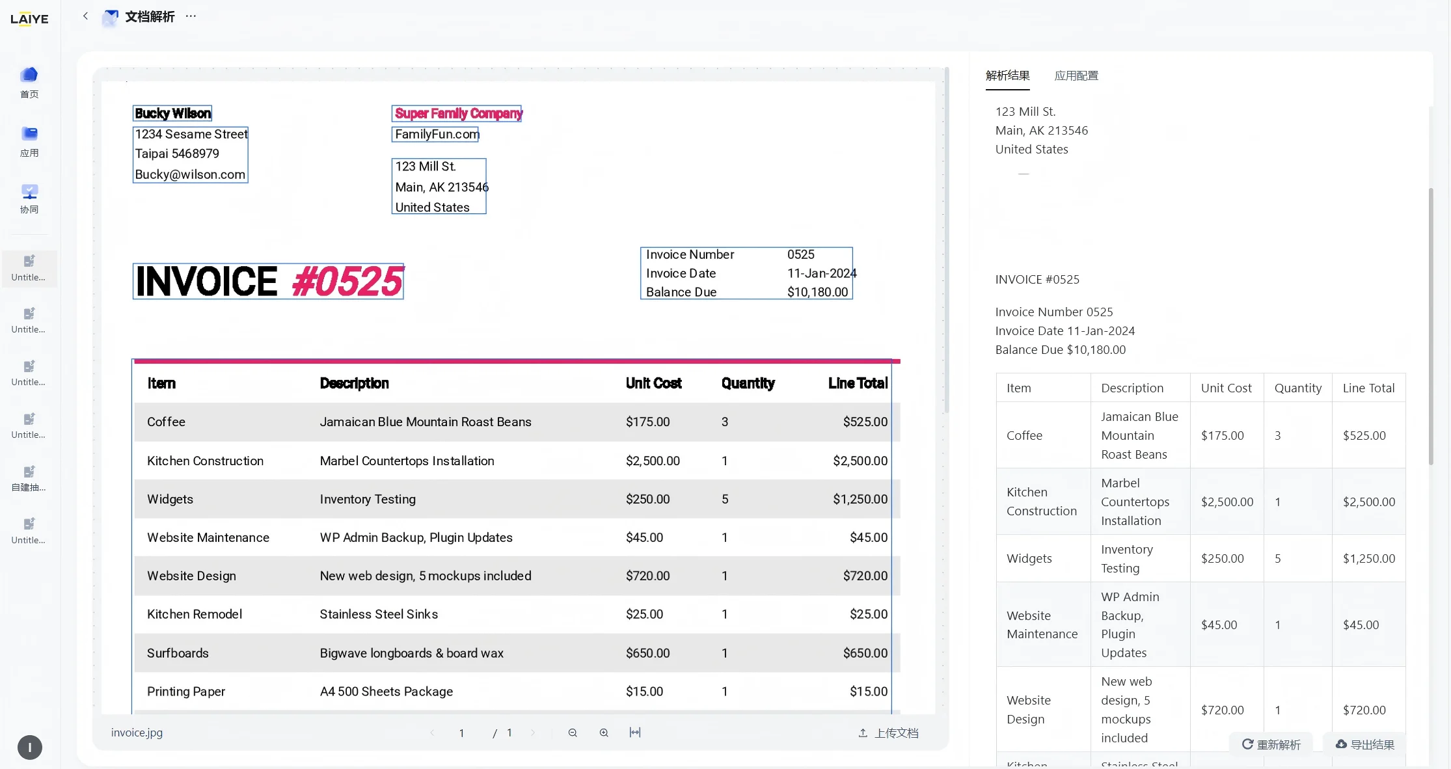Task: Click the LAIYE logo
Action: point(29,19)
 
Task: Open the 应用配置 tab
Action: point(1076,75)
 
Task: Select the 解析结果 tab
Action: point(1007,75)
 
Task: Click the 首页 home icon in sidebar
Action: point(29,74)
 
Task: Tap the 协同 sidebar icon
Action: point(29,191)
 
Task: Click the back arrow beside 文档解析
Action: point(85,16)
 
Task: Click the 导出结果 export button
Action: point(1364,744)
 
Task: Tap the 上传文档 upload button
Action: point(888,733)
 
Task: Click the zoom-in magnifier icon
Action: point(604,733)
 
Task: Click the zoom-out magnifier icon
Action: point(573,733)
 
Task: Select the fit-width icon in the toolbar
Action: point(635,733)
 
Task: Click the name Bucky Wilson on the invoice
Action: point(172,113)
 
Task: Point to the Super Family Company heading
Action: point(458,113)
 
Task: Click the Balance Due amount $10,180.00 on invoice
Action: point(818,292)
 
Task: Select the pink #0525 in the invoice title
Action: point(347,281)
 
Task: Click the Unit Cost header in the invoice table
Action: point(653,383)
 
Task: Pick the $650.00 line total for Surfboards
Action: point(865,653)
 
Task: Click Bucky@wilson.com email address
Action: point(190,174)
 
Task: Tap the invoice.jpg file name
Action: point(137,733)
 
